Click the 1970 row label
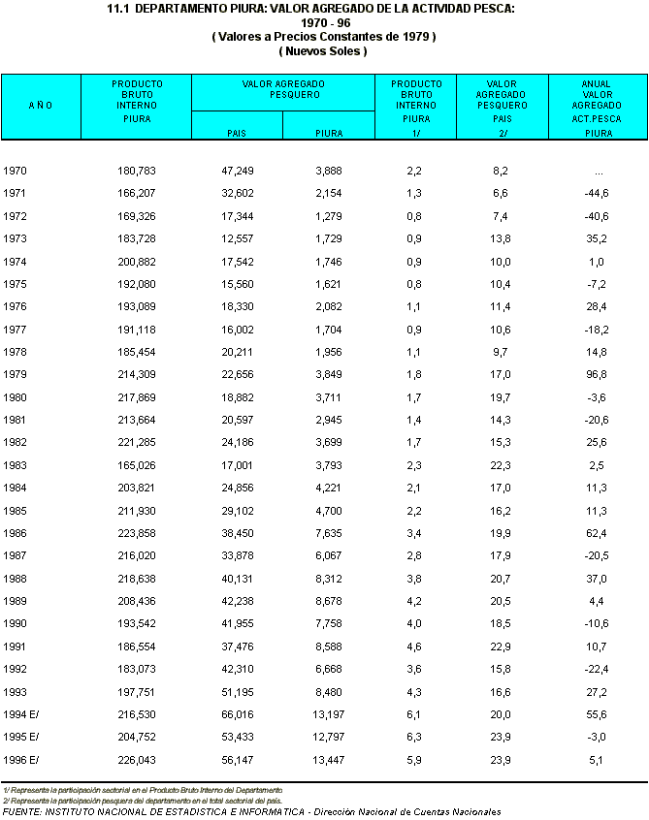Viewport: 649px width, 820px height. [15, 171]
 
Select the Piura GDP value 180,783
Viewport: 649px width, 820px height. [136, 171]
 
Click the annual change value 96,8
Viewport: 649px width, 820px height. [595, 375]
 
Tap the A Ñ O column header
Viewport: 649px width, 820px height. [40, 105]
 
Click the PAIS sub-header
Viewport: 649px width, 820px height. [237, 133]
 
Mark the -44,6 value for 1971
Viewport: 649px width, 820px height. [595, 193]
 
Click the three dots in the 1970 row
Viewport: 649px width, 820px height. [599, 172]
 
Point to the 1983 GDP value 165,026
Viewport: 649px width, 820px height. [136, 466]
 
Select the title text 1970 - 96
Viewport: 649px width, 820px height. [324, 22]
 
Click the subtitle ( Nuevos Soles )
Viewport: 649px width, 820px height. [324, 50]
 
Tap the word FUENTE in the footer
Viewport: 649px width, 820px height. [21, 811]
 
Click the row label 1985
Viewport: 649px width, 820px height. [15, 512]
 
